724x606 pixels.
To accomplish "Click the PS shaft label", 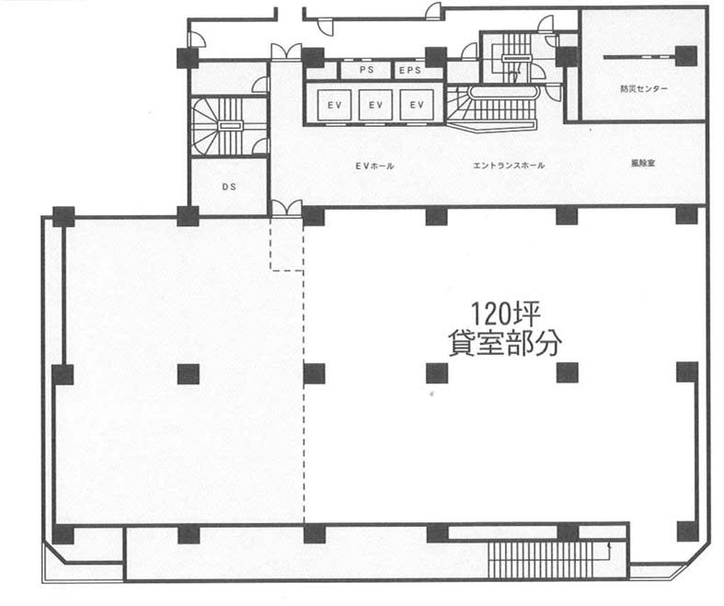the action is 367,71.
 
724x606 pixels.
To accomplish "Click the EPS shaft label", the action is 410,71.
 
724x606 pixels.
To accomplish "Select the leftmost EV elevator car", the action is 334,105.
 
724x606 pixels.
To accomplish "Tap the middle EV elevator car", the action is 375,105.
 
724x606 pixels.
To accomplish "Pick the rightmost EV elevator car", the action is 417,105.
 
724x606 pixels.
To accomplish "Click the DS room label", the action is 229,187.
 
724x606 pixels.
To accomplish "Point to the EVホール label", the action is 374,166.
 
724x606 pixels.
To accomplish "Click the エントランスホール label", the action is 509,166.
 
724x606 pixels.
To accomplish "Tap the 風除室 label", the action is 643,164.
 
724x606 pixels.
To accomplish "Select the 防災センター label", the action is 644,89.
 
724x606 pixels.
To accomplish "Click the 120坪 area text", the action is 505,314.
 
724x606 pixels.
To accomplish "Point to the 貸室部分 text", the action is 505,344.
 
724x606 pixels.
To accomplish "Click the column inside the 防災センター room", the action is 685,56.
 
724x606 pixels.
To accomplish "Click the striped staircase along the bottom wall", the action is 540,559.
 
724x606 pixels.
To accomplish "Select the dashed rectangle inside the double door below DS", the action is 287,243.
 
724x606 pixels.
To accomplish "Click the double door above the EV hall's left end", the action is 286,51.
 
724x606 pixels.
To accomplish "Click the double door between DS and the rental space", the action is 287,208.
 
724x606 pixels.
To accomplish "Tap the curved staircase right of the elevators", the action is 492,109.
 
